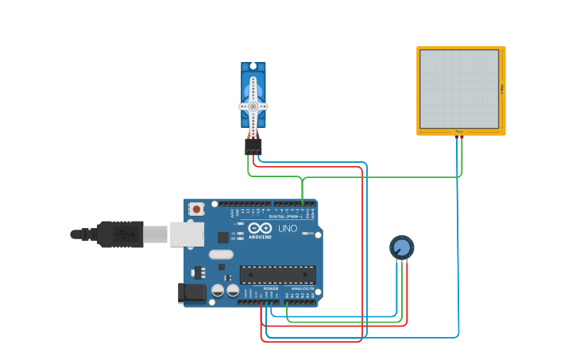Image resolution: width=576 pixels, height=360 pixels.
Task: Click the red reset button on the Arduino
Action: click(196, 209)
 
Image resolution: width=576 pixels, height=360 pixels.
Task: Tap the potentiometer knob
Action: click(402, 247)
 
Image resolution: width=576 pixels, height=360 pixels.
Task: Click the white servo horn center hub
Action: click(253, 106)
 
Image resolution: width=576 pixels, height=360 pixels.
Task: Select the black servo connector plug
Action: click(253, 147)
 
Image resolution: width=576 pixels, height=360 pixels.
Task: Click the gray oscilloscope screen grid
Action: click(459, 88)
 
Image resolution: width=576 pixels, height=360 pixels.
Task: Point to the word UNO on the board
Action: click(288, 229)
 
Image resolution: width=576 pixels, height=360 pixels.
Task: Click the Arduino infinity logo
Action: click(259, 228)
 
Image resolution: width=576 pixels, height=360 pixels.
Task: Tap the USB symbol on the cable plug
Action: click(123, 234)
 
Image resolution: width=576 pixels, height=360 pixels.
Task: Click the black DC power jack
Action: click(193, 292)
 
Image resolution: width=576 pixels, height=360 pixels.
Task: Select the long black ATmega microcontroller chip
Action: click(277, 274)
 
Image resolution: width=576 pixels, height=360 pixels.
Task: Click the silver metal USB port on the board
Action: click(187, 234)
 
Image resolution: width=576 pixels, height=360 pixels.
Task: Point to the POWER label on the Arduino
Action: click(260, 288)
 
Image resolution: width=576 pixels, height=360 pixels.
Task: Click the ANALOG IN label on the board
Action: click(302, 288)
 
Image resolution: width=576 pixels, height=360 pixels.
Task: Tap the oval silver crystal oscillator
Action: click(221, 255)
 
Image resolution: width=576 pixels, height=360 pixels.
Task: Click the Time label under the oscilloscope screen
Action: click(459, 132)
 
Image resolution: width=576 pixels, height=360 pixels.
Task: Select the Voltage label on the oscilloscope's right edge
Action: click(502, 88)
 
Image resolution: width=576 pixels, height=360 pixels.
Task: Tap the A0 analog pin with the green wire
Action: click(287, 302)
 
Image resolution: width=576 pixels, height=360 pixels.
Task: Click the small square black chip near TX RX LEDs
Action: click(222, 237)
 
